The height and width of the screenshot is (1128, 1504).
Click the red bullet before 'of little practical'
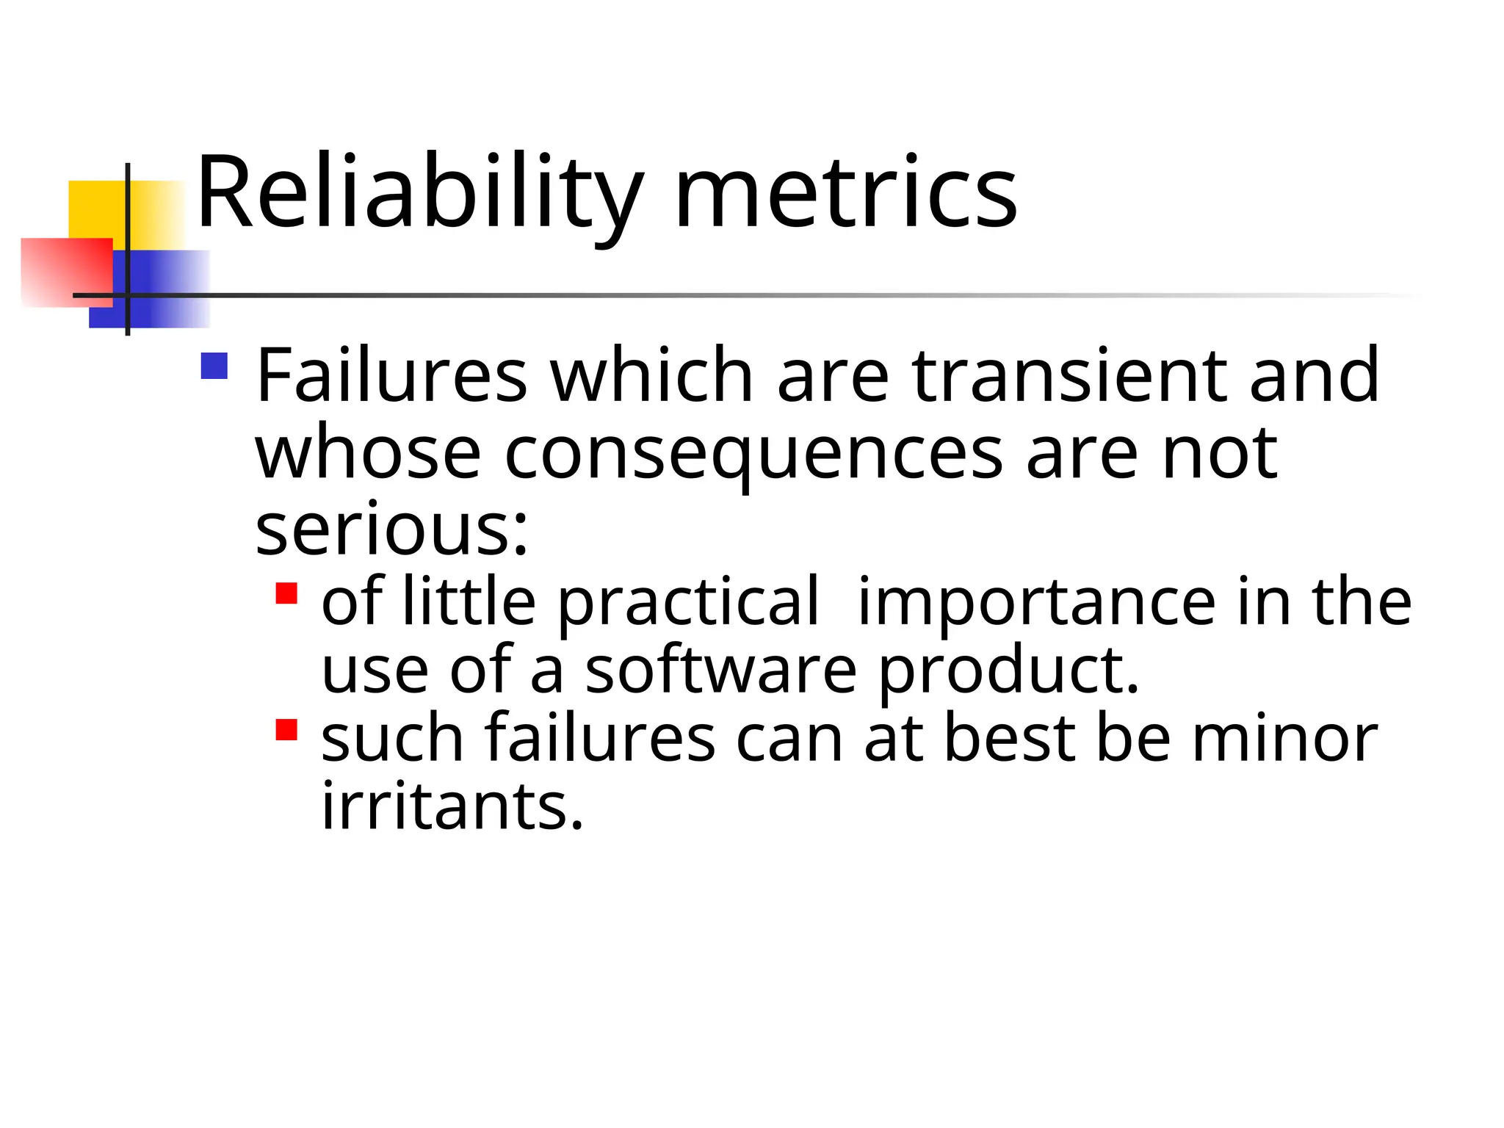tap(286, 593)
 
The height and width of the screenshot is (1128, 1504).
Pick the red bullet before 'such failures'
tap(286, 729)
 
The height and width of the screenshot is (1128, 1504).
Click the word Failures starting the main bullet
tap(391, 375)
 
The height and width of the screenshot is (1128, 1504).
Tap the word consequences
tap(753, 455)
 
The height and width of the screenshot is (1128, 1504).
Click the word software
tap(720, 670)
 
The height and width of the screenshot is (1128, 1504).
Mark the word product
tap(1008, 670)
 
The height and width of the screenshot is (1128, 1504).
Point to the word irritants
tap(452, 806)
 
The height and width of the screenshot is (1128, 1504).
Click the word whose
tap(368, 453)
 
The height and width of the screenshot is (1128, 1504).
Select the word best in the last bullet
tap(1010, 738)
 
